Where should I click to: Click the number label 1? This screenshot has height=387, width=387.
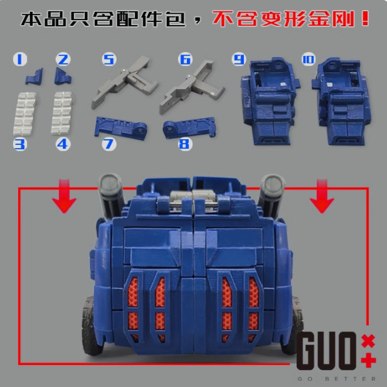pos(20,60)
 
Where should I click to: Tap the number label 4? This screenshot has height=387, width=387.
pos(62,144)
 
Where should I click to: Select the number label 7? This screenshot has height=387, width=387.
pos(109,144)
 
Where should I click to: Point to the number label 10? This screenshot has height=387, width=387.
pos(308,60)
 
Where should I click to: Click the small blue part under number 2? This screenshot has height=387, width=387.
pos(63,77)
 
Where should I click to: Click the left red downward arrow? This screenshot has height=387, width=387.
pos(65,196)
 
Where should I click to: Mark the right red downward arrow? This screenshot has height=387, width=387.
pos(322,196)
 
